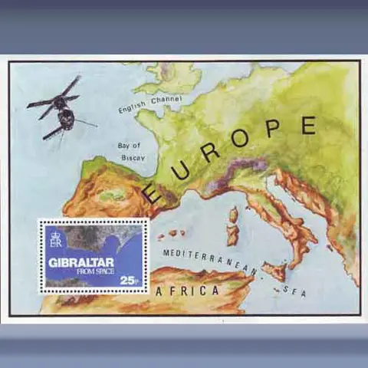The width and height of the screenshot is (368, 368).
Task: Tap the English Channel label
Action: [x=149, y=103]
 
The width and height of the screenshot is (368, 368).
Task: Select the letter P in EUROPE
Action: [x=274, y=129]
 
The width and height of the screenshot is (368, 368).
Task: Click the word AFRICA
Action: [x=188, y=291]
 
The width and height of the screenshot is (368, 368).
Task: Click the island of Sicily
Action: [x=274, y=270]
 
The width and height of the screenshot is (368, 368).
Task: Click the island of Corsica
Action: [x=232, y=215]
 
